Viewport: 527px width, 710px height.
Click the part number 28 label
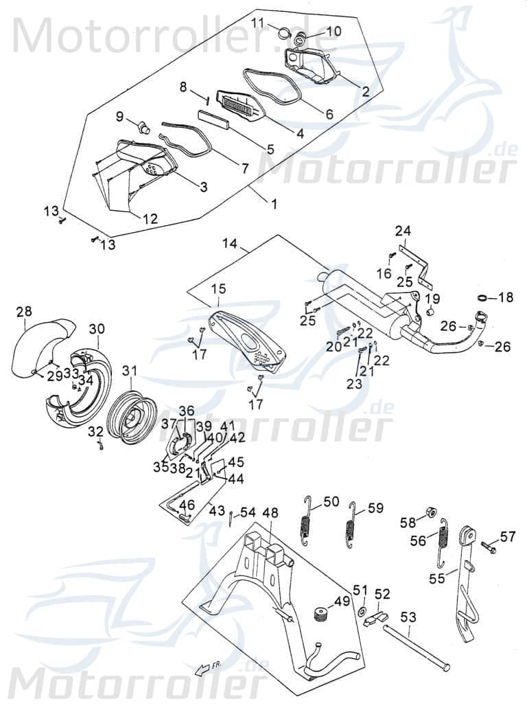(24, 312)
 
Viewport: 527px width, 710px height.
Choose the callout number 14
(229, 243)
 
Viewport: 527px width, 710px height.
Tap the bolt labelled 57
(489, 547)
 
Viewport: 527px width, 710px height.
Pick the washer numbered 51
(361, 610)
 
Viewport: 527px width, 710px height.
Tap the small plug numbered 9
(143, 126)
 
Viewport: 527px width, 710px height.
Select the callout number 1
(274, 204)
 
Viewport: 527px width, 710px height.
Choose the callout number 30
(97, 328)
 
